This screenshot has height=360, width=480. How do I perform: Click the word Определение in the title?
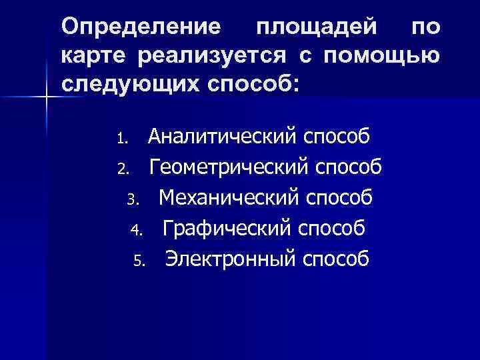click(x=141, y=27)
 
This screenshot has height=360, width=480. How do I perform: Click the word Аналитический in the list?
click(x=222, y=137)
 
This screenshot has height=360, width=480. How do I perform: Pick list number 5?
click(x=138, y=261)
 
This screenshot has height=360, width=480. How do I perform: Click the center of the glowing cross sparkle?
click(x=46, y=98)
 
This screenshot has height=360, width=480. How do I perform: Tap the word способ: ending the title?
click(x=252, y=85)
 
